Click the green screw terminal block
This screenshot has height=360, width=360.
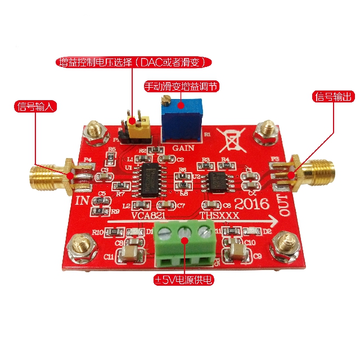185,242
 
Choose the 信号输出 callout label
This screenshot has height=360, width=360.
333,97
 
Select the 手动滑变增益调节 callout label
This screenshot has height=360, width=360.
181,87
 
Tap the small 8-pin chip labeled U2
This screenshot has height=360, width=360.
216,182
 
